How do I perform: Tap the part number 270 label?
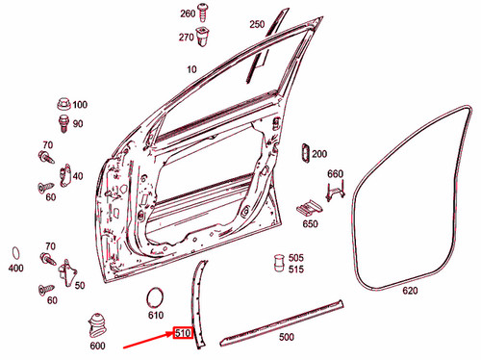click(x=187, y=37)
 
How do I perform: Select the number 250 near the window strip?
click(x=256, y=24)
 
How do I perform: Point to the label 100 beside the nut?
click(x=79, y=105)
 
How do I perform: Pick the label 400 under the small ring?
click(x=15, y=268)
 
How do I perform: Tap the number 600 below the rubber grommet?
click(x=97, y=346)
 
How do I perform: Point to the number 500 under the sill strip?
click(x=286, y=338)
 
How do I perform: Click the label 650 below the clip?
click(x=310, y=224)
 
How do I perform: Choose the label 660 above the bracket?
click(x=335, y=174)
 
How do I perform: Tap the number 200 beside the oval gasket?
click(x=319, y=154)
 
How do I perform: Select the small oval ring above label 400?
click(x=16, y=251)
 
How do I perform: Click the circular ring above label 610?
click(x=155, y=296)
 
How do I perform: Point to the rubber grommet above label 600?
click(x=97, y=321)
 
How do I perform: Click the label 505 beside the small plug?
click(x=295, y=258)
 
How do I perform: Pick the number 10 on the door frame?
click(x=191, y=70)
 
